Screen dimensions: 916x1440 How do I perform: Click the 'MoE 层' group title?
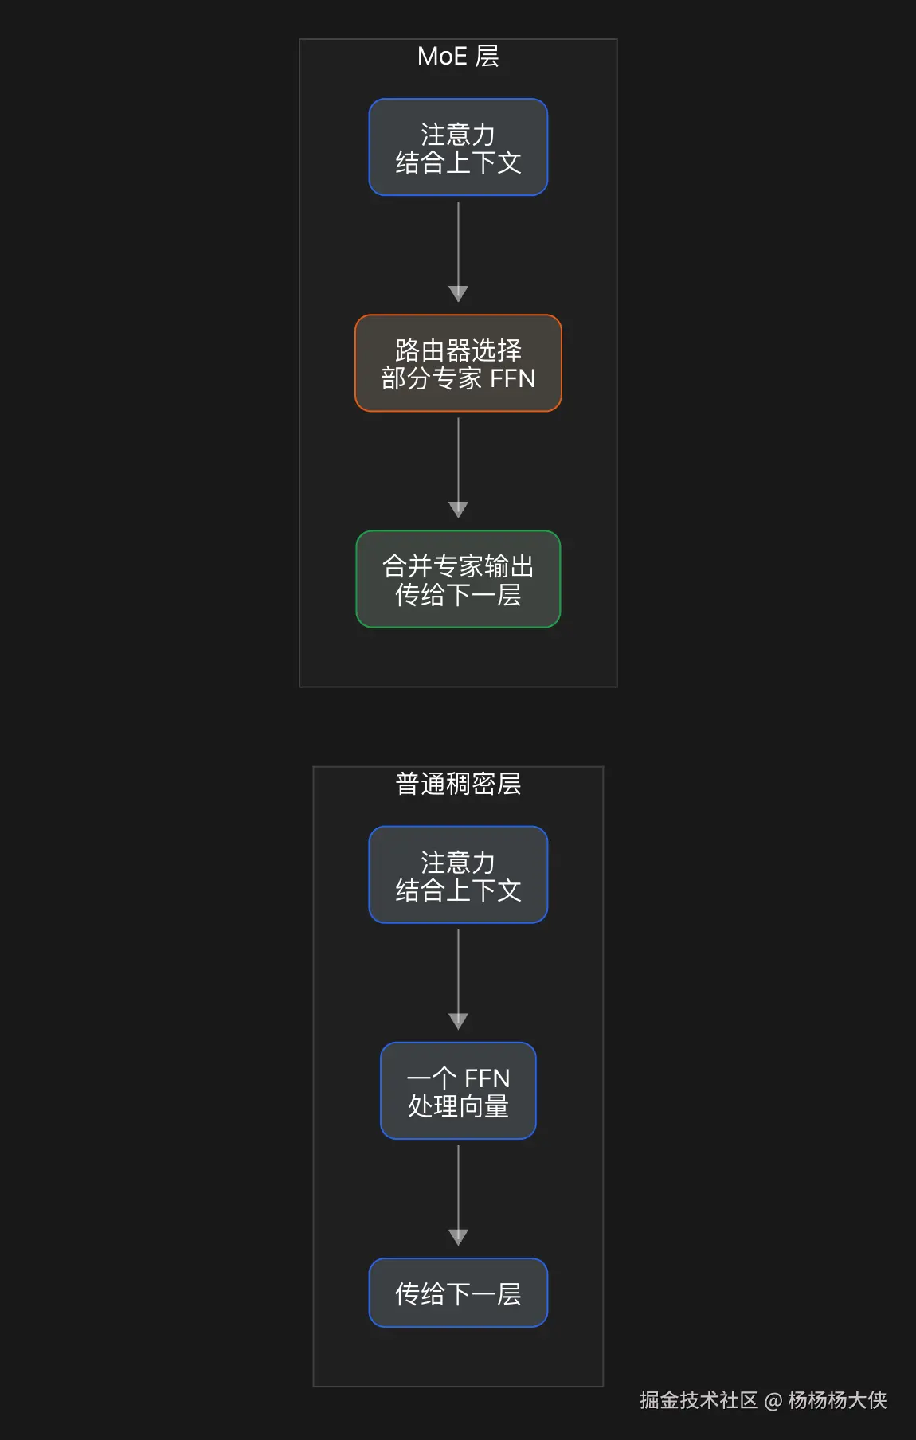click(x=458, y=56)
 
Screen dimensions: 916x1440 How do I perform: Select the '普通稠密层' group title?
click(x=458, y=784)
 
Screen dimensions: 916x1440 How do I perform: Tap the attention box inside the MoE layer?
click(x=458, y=147)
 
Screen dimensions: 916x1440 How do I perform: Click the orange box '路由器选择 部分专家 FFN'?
click(x=458, y=363)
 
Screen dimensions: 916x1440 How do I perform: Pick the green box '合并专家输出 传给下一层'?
click(x=458, y=579)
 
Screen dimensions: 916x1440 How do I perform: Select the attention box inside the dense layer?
click(x=458, y=875)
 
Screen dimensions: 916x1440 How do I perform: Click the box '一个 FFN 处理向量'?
click(x=458, y=1090)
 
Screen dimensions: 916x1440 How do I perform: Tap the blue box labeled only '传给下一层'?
click(x=458, y=1293)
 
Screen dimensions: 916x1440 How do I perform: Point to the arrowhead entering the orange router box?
click(x=458, y=294)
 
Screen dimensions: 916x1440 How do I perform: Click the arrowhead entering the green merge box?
click(x=458, y=510)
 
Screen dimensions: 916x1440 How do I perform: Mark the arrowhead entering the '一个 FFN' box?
click(x=458, y=1021)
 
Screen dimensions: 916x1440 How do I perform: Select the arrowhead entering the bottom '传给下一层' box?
click(x=458, y=1237)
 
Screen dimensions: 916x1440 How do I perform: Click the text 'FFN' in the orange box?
click(x=512, y=378)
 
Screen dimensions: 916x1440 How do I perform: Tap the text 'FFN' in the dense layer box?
click(x=487, y=1078)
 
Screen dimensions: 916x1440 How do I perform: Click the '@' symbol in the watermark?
click(x=773, y=1401)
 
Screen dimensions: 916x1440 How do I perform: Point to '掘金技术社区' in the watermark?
click(x=699, y=1400)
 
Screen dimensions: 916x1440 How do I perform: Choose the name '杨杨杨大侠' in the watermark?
click(x=837, y=1400)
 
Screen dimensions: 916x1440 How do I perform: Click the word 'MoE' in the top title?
click(x=442, y=56)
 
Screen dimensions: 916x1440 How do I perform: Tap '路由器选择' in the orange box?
click(x=458, y=350)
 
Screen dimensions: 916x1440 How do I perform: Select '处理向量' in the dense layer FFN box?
click(x=458, y=1105)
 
